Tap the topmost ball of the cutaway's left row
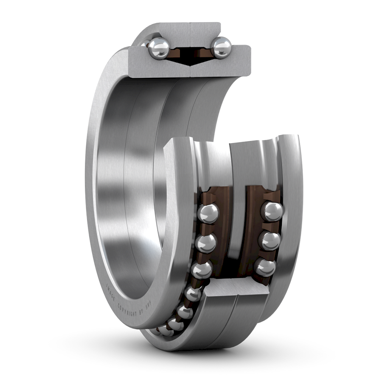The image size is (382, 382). coord(208,213)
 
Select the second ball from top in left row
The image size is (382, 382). coord(206,243)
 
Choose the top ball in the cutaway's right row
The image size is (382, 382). coord(272,211)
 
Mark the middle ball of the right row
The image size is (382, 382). coord(270,241)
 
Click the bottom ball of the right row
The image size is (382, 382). coord(266,268)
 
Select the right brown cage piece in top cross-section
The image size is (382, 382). coord(203,52)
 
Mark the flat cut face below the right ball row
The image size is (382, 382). coord(238,289)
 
